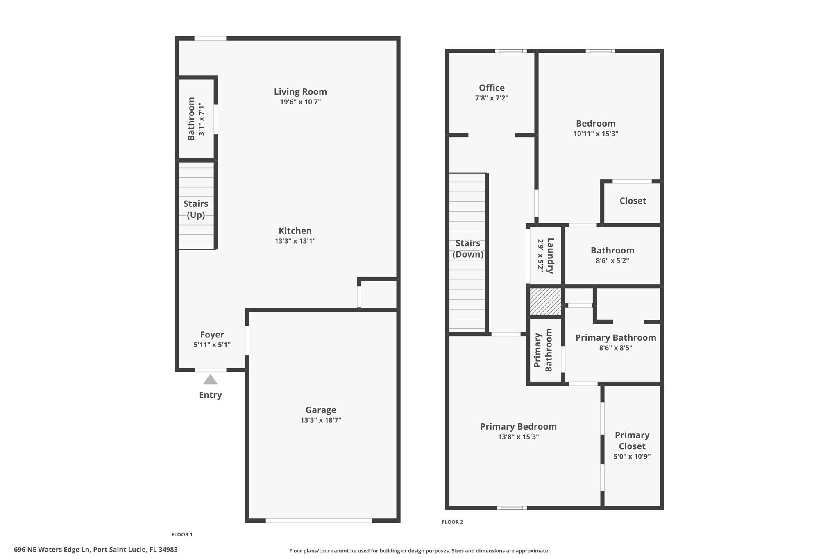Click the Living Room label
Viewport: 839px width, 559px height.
(x=300, y=92)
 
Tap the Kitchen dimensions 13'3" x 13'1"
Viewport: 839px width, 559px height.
(x=295, y=241)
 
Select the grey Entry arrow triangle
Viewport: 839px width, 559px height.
(x=210, y=380)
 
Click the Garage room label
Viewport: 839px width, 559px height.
(x=321, y=410)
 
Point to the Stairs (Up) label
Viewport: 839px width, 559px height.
(x=196, y=209)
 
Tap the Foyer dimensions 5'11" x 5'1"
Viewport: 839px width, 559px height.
(x=212, y=345)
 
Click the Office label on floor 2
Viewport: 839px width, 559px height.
(x=492, y=88)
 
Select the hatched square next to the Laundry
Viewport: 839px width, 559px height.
(x=545, y=301)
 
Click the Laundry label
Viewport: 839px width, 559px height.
(x=550, y=256)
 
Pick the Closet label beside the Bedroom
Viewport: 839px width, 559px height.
(x=633, y=201)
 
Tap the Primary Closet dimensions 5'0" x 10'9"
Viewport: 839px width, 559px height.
(x=632, y=456)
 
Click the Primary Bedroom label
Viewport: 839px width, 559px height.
(x=518, y=427)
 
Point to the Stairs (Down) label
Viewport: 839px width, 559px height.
(x=468, y=249)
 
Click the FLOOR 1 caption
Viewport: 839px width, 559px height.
(x=182, y=534)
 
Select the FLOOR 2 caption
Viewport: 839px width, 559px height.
(x=452, y=522)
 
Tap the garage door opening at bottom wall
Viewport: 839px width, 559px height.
(x=319, y=521)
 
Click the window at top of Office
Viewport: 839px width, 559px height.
(x=510, y=51)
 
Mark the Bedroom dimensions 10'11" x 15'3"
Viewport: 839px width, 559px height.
(x=596, y=134)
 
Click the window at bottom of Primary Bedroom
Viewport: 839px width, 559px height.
(x=512, y=508)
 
